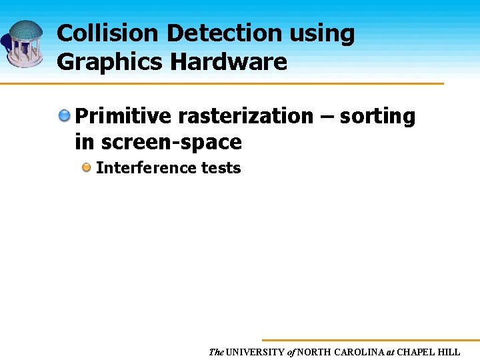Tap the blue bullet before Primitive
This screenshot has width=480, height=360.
tap(65, 116)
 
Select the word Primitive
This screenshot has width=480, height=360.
tap(123, 117)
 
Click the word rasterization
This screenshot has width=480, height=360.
tap(245, 117)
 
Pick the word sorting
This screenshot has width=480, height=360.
tap(377, 117)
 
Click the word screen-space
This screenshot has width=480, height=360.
tap(171, 143)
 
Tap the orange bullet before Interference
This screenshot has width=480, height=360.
tap(87, 168)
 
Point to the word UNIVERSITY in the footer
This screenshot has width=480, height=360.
tap(255, 351)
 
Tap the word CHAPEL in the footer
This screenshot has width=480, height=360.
tap(417, 351)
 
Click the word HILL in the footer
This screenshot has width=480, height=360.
tap(450, 351)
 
